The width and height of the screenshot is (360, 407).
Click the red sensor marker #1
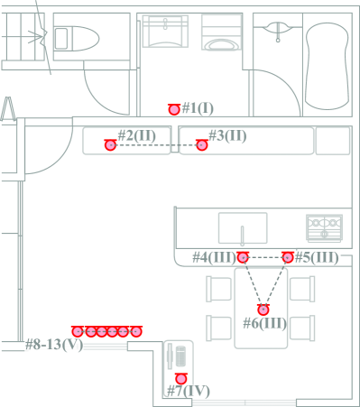click(174, 109)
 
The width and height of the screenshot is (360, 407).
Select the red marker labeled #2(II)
click(110, 145)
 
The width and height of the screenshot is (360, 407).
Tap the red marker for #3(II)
click(202, 145)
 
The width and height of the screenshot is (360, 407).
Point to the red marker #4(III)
click(243, 257)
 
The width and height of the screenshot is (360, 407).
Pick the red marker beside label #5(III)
click(288, 257)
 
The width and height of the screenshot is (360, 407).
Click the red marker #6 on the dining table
click(263, 310)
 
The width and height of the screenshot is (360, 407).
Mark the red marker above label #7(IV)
click(180, 378)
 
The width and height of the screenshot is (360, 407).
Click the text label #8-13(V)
click(54, 345)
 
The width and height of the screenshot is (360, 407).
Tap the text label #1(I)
click(198, 107)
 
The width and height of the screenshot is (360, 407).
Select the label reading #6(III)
click(264, 323)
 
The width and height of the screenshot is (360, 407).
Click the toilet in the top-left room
click(77, 38)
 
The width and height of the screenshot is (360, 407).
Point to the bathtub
click(328, 66)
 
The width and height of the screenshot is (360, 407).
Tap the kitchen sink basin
click(243, 227)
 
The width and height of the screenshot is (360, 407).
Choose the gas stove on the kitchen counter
click(324, 227)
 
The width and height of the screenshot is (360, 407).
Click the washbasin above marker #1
click(165, 32)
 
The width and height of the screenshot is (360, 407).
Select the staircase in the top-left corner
click(23, 37)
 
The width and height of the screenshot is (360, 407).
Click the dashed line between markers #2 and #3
click(156, 145)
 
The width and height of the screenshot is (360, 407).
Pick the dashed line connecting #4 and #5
click(265, 257)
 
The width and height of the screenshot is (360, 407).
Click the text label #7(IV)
click(189, 391)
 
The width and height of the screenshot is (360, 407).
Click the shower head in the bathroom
click(278, 32)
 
